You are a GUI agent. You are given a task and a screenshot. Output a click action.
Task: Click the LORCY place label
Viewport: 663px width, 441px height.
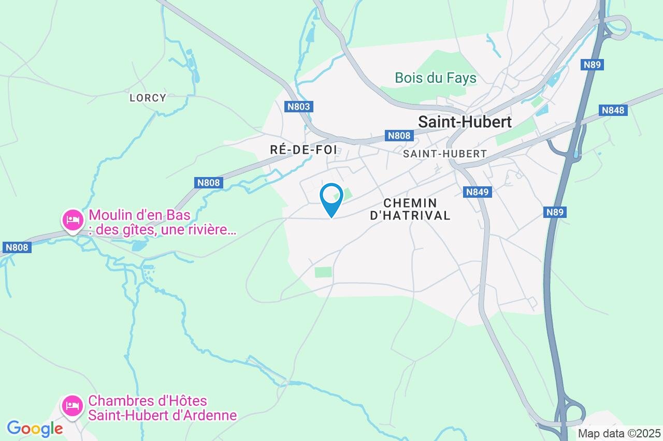pos(148,97)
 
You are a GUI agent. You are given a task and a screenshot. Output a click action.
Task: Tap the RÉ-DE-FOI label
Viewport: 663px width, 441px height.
pos(304,150)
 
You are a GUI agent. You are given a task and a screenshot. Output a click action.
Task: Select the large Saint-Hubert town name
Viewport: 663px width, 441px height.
pos(465,122)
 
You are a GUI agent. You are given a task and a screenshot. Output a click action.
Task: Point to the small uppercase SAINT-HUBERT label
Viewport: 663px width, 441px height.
pos(444,154)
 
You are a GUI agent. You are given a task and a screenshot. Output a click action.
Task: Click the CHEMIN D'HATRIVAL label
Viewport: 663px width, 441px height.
pos(410,209)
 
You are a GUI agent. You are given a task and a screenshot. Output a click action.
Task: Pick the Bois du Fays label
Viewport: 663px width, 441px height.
pos(435,78)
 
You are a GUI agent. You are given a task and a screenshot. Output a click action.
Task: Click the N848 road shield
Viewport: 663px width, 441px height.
pos(614,110)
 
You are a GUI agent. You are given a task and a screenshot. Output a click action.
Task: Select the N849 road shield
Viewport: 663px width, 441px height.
pos(477,192)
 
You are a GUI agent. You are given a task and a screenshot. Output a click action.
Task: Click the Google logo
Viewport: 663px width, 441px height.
pos(35,429)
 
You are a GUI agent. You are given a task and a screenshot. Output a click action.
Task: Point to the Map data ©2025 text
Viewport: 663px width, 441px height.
pos(619,433)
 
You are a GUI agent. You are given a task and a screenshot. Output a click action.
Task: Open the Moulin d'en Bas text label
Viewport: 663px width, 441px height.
pos(162,222)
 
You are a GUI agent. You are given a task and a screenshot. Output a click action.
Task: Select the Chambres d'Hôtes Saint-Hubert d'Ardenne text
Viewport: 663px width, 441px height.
pos(162,408)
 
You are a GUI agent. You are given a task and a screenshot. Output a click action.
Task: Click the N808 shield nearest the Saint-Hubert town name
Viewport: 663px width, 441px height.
pos(399,136)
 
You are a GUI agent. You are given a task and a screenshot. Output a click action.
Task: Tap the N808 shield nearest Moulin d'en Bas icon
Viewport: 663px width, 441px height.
pos(17,247)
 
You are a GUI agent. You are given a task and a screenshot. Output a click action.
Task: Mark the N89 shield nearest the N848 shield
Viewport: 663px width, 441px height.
pos(593,65)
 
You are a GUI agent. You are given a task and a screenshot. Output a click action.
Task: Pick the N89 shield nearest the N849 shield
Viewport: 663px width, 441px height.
pos(555,212)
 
